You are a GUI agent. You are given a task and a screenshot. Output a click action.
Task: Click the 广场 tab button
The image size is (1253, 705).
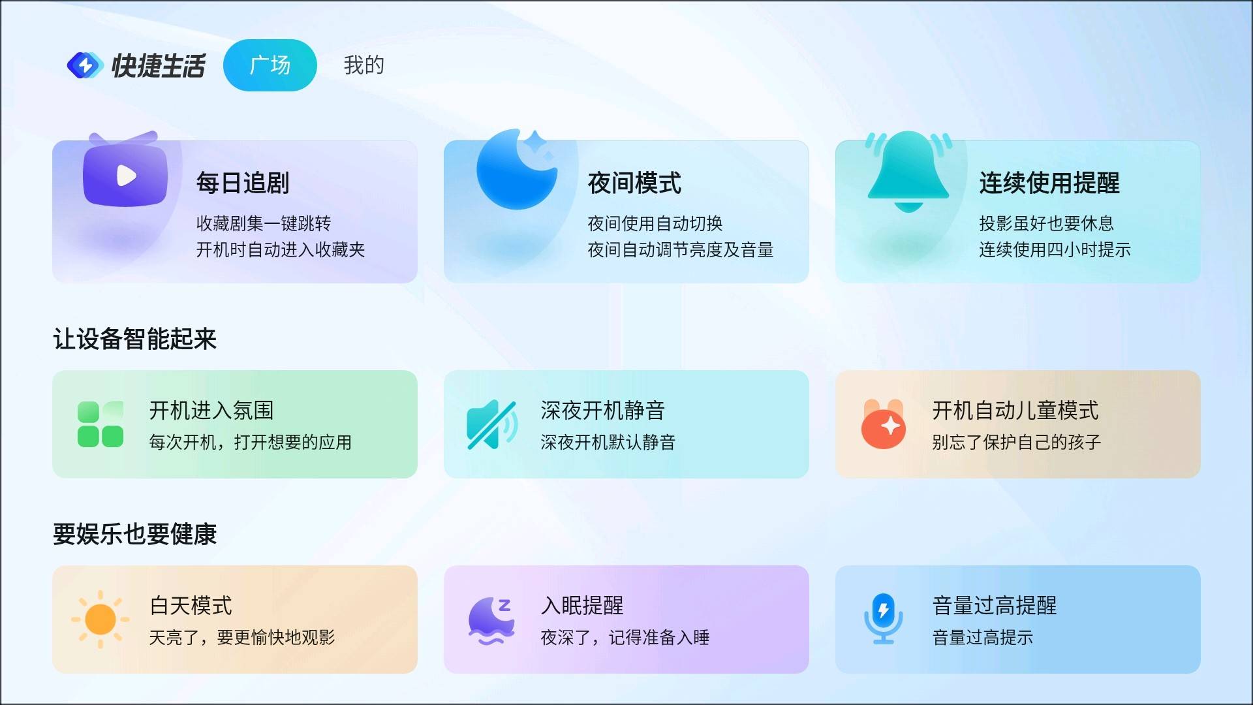270,65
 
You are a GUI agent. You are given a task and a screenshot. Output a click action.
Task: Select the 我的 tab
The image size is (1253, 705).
364,65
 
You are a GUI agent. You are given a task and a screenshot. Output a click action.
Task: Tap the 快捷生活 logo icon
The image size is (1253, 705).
85,65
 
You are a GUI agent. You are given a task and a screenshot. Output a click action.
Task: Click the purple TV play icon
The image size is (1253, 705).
125,174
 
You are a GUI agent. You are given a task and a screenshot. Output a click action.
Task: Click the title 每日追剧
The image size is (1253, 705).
243,183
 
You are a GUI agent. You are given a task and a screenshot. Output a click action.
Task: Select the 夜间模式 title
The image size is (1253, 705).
634,183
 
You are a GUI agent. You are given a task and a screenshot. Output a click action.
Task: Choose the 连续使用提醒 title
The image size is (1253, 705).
1049,183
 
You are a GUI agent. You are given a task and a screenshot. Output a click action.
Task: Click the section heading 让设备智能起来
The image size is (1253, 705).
134,339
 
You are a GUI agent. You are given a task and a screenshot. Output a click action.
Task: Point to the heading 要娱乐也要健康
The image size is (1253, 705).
134,534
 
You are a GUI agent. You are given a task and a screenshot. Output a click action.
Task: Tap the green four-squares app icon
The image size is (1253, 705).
101,424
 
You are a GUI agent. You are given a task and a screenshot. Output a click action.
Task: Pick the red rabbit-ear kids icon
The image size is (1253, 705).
884,424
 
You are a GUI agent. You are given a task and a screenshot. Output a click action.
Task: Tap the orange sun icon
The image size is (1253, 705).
101,619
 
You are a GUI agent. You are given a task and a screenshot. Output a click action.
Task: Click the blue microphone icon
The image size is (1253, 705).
883,619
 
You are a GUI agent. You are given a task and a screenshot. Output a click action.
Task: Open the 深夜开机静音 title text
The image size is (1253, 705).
602,411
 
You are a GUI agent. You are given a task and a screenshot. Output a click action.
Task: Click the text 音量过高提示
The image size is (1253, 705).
983,638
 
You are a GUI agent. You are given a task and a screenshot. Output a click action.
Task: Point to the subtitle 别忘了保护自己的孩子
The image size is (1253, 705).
1016,443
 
